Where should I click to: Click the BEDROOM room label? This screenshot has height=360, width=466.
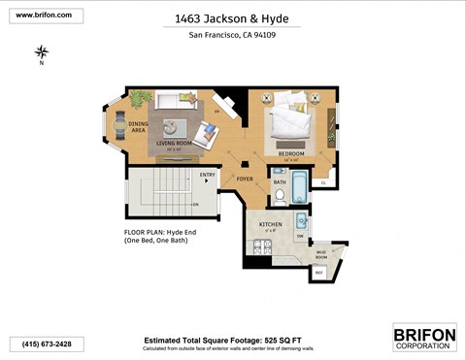(x=291, y=153)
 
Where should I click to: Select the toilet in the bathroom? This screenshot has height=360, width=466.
(x=279, y=198)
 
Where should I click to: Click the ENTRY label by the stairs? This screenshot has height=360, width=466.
(x=207, y=175)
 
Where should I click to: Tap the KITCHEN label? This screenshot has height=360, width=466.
(x=270, y=224)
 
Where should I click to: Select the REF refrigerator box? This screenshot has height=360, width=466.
(x=319, y=272)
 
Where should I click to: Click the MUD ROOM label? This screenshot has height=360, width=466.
(x=320, y=254)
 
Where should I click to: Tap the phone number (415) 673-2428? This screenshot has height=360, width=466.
(x=47, y=344)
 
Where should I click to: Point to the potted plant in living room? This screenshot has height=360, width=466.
(x=141, y=98)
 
